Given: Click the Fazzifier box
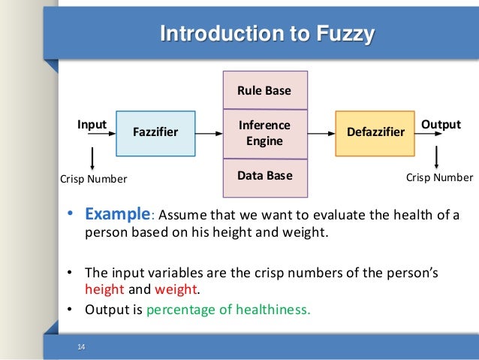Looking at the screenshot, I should pos(155,133).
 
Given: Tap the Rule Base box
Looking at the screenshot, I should pos(264,91).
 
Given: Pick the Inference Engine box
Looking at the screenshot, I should pos(264,133).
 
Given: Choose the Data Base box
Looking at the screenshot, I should pos(264,177).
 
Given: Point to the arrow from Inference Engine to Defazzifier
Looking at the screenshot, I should pos(321,133).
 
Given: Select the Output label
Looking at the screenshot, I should pos(441,123).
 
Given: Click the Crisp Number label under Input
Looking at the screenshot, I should pos(93,179).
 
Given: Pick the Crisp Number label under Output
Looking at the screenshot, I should pos(440,178).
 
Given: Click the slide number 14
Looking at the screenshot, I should pos(81,346).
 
